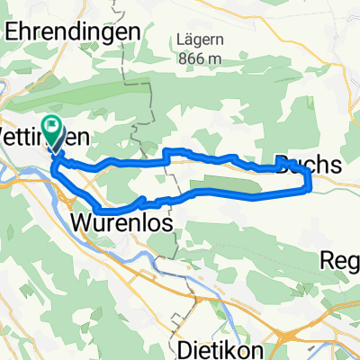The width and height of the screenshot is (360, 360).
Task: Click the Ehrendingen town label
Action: point(72,30)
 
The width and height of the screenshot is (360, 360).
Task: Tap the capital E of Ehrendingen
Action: point(12,30)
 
